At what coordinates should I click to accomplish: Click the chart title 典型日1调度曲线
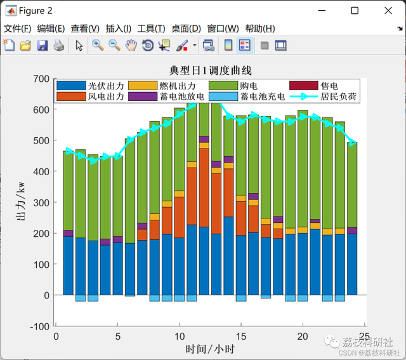[211, 70]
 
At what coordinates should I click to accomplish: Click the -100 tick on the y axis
[39, 326]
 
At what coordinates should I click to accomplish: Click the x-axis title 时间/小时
[211, 349]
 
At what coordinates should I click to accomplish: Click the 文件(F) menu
[17, 29]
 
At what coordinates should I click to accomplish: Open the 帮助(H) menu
[259, 29]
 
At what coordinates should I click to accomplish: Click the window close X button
[389, 10]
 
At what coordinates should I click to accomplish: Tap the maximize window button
[355, 10]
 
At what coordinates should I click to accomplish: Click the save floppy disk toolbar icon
[43, 45]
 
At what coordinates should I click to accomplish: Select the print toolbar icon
[58, 45]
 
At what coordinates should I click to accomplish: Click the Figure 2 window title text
[36, 11]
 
